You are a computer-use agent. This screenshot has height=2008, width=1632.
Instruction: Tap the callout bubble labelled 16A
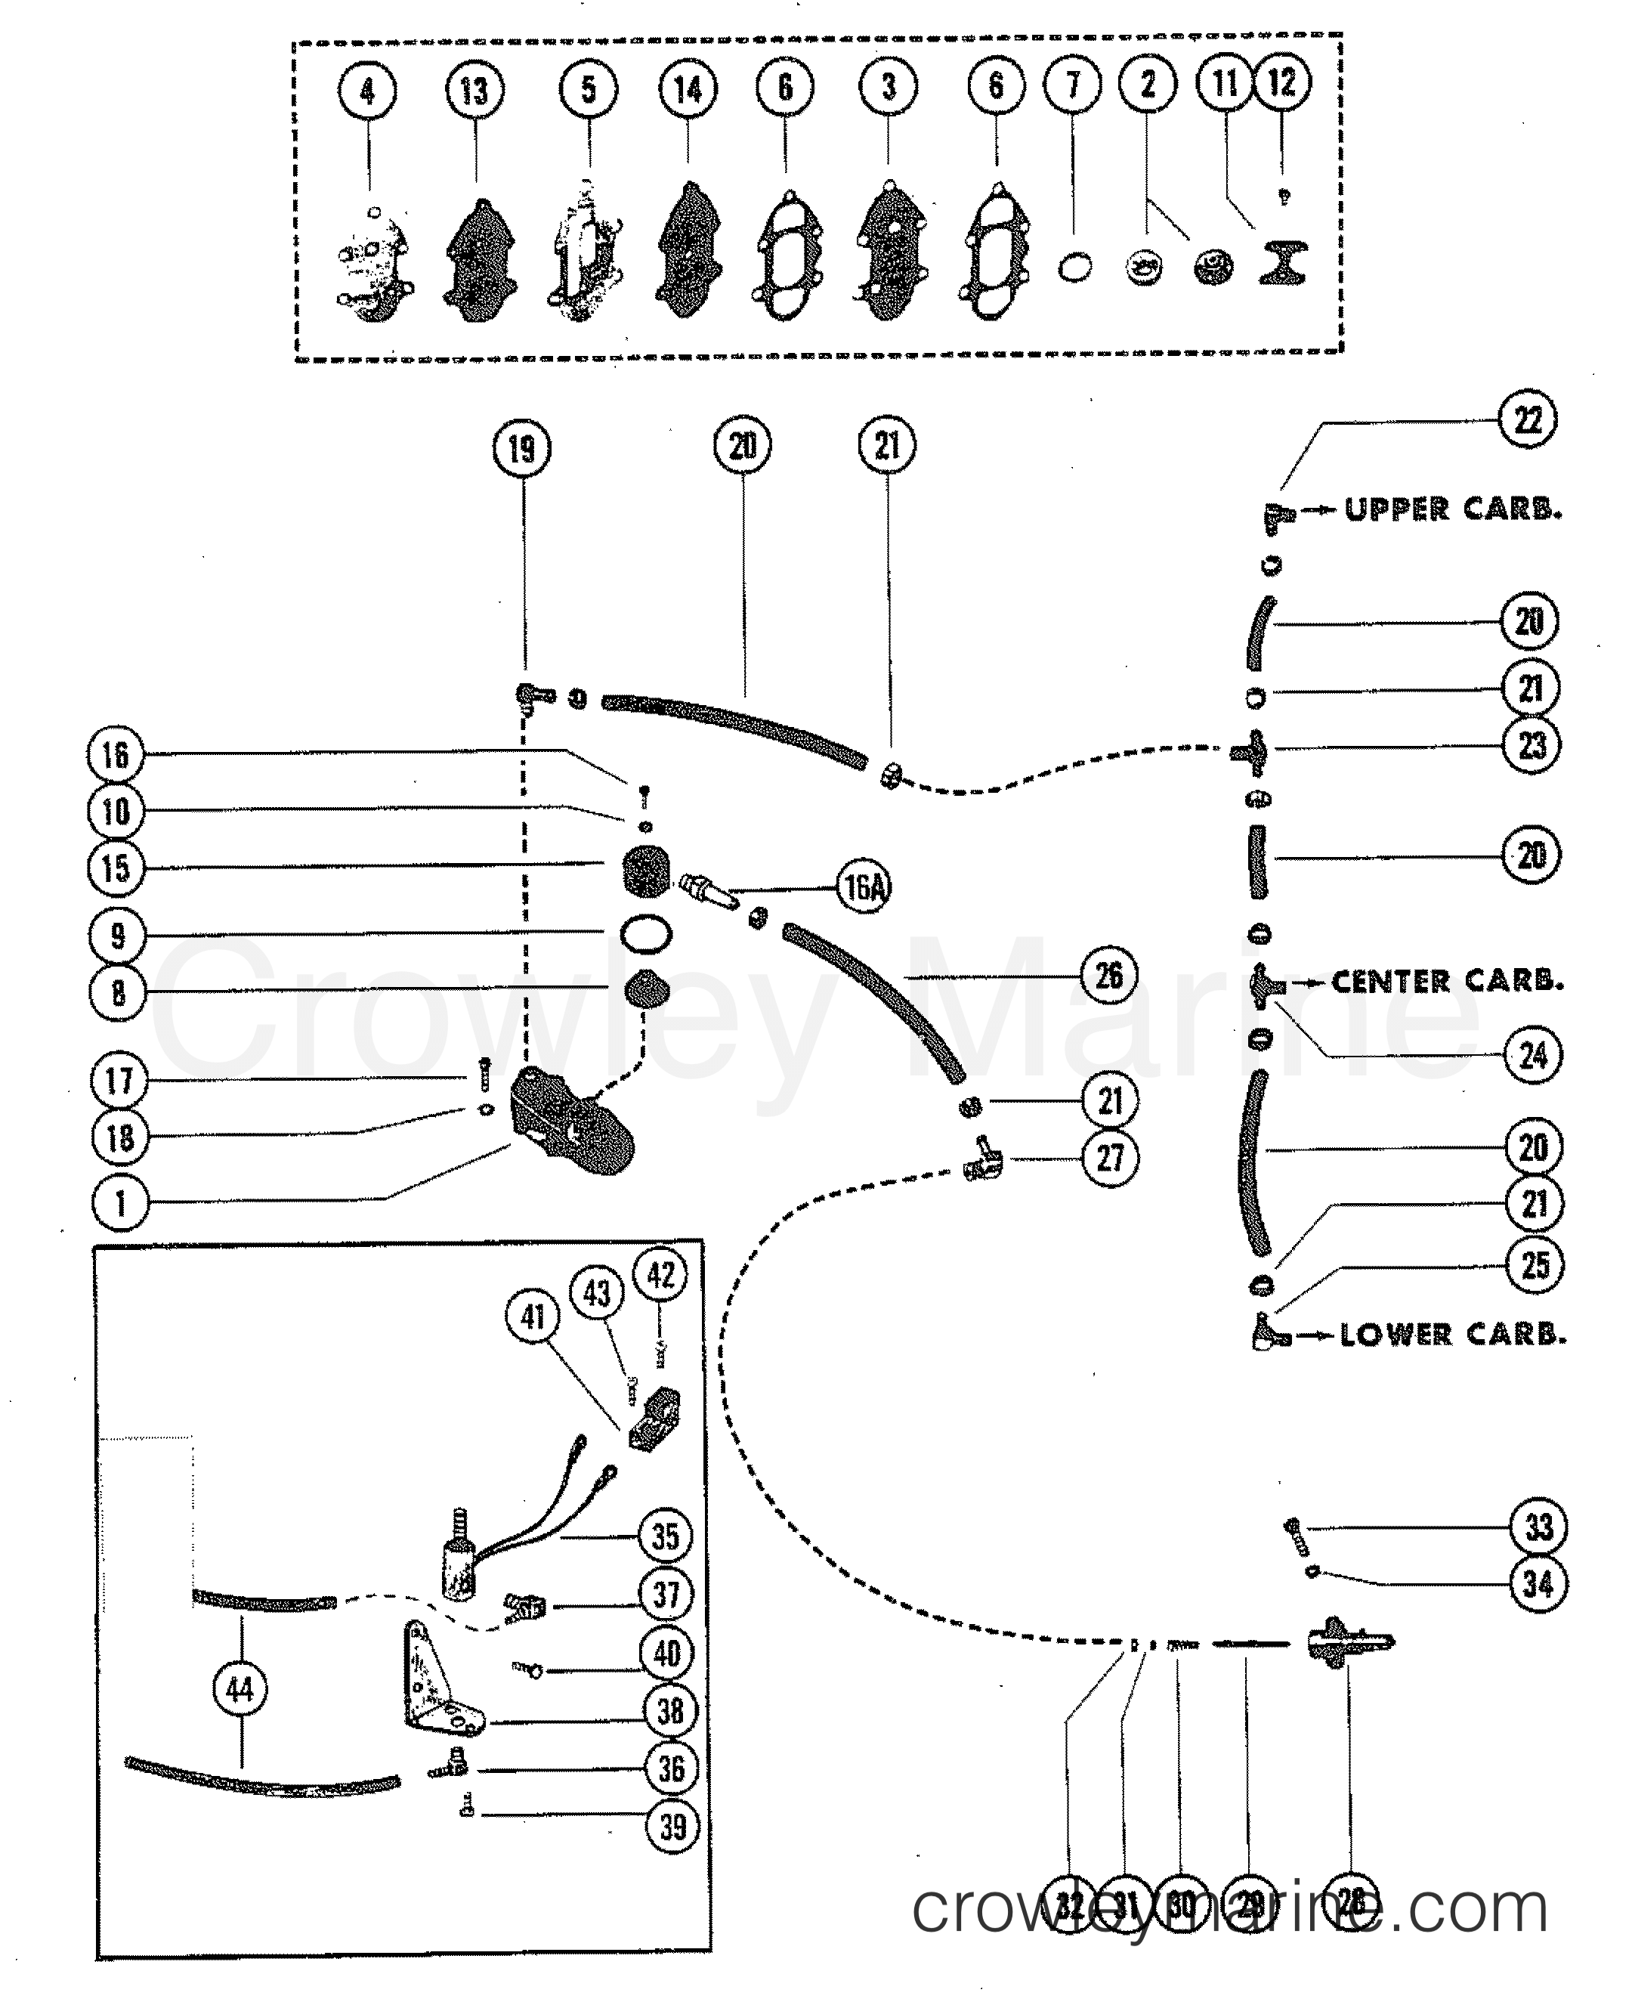[x=864, y=886]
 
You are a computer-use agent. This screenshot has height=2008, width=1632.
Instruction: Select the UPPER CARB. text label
[x=1452, y=509]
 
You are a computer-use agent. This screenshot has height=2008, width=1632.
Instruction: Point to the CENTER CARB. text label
[x=1447, y=982]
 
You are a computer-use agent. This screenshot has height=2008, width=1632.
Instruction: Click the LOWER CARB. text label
[x=1452, y=1334]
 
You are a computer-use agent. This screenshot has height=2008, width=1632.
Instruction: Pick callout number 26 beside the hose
[x=1109, y=976]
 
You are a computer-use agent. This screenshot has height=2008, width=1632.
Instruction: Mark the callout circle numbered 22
[x=1528, y=419]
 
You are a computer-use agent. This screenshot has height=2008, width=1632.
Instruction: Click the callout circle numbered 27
[x=1110, y=1159]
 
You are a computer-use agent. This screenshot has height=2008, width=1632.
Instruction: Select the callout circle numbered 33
[x=1538, y=1527]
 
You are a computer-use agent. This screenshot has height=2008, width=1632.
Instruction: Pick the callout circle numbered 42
[x=661, y=1275]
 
